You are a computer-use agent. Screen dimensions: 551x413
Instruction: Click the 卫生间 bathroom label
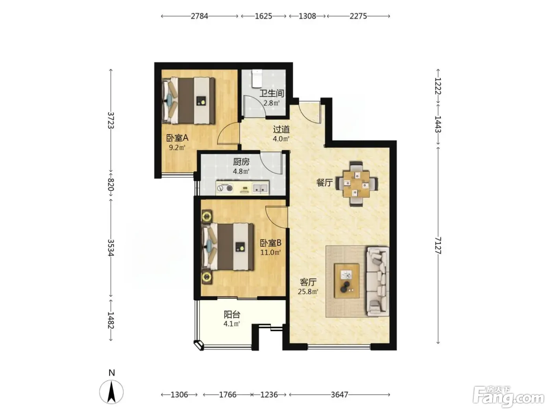[272, 93]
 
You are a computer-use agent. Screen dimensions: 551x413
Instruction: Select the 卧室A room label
[177, 138]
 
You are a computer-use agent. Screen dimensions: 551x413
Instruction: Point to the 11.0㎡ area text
[270, 252]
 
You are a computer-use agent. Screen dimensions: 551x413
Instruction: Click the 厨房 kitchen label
[241, 162]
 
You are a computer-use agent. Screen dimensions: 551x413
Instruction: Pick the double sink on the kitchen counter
[260, 188]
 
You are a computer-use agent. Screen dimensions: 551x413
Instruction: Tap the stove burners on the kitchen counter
[225, 188]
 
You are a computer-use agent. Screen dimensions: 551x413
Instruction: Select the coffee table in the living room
[347, 280]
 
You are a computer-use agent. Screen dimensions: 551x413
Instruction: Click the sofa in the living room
[377, 281]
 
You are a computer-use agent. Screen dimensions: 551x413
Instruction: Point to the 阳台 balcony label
[232, 314]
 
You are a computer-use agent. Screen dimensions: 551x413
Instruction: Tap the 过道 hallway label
[281, 129]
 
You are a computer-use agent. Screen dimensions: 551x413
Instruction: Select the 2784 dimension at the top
[200, 16]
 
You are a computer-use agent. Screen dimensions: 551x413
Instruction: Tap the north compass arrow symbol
[111, 392]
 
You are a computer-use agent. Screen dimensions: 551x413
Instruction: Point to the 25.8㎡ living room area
[308, 291]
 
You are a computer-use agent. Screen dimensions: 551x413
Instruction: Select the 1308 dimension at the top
[307, 16]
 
